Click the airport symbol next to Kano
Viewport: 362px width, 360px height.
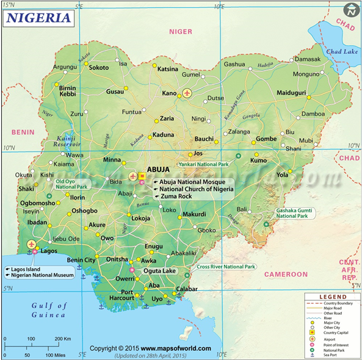click(187, 93)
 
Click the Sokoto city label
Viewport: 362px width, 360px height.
click(99, 68)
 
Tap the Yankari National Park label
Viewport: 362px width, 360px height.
click(203, 164)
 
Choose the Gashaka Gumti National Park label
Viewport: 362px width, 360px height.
click(295, 213)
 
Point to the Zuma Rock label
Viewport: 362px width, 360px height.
click(176, 197)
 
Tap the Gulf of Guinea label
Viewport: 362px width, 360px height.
click(48, 310)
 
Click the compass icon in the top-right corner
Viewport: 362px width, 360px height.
click(351, 10)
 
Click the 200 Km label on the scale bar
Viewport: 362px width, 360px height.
click(62, 339)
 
